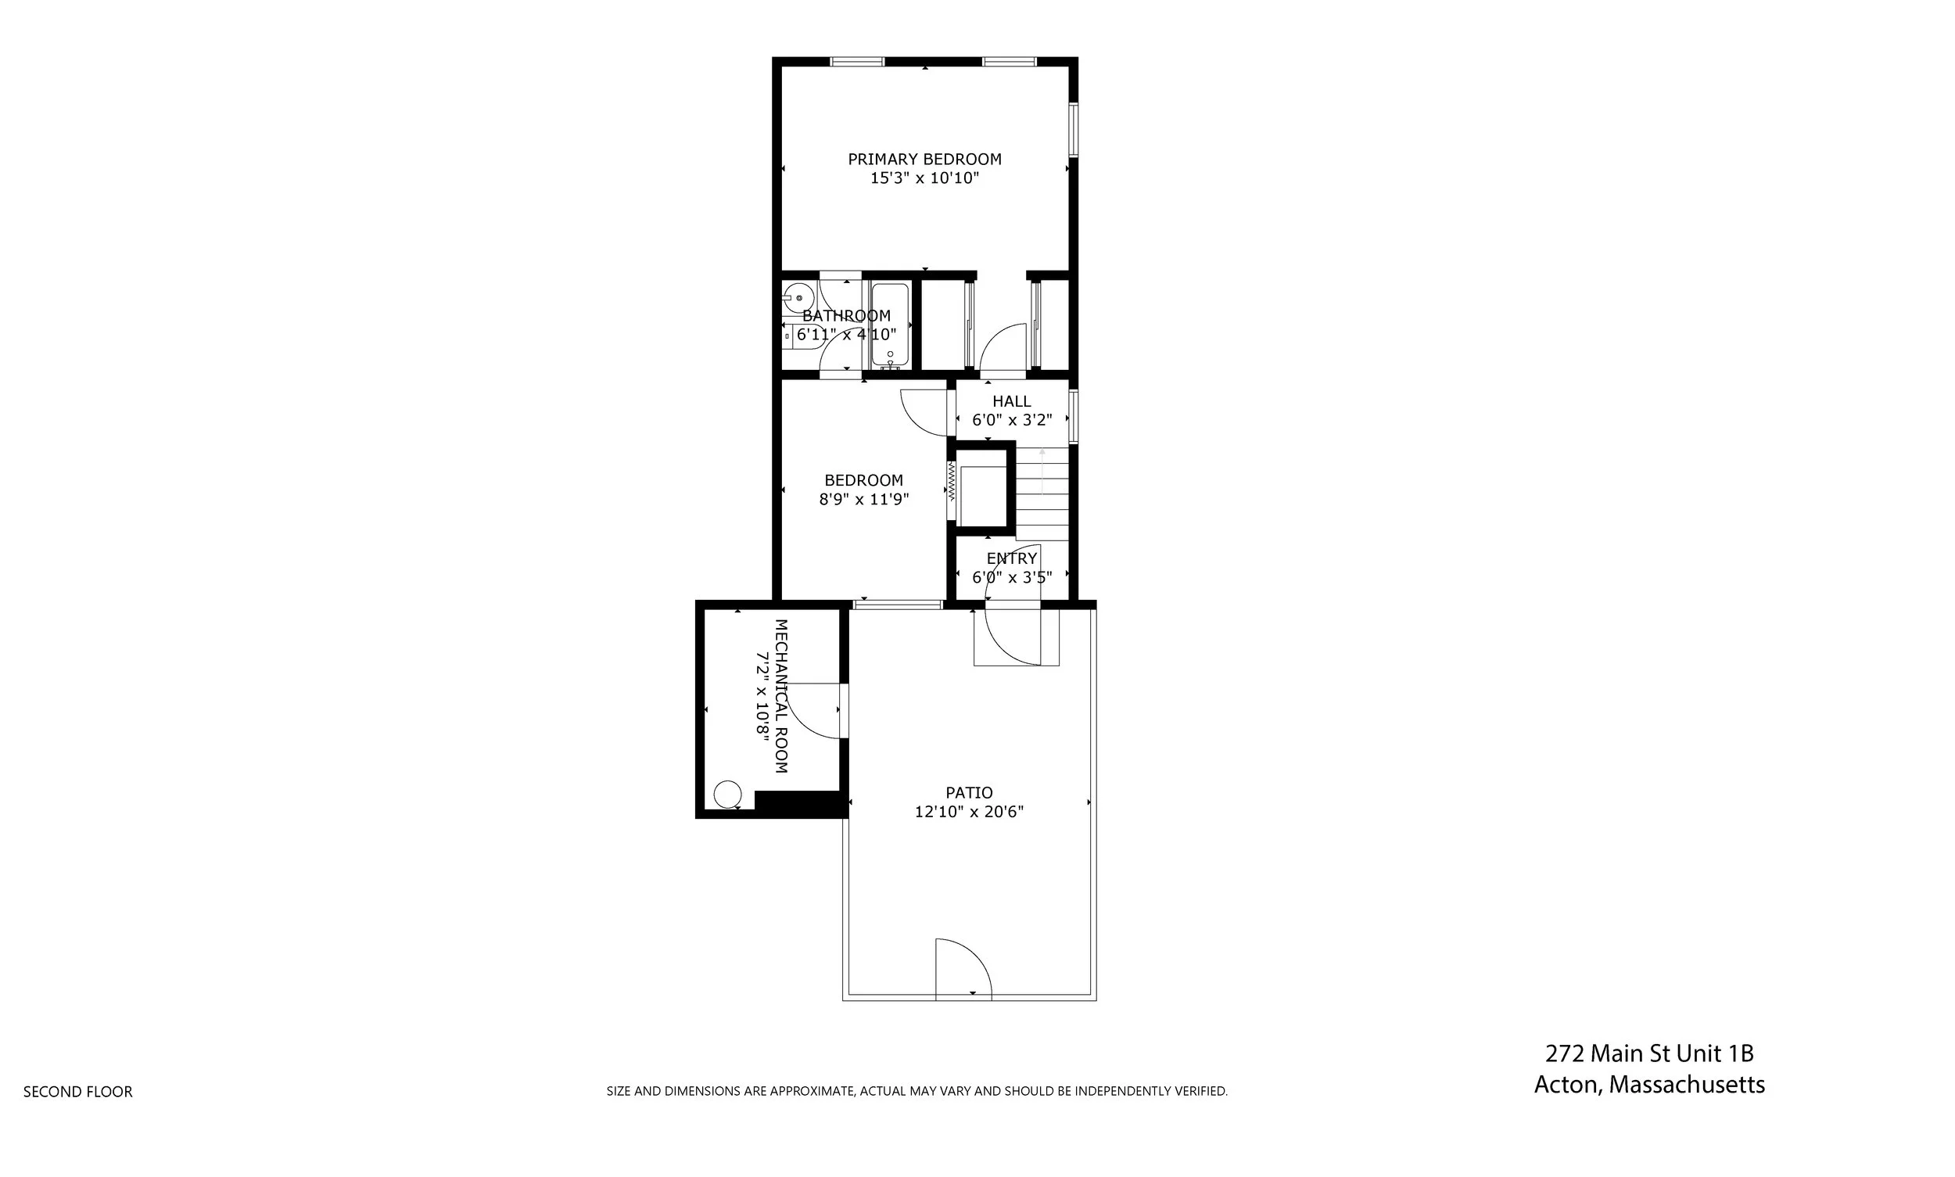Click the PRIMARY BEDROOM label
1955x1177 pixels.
pyautogui.click(x=924, y=159)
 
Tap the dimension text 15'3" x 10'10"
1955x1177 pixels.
pyautogui.click(x=924, y=178)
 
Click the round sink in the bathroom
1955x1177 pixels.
pyautogui.click(x=798, y=298)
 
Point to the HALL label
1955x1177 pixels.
pyautogui.click(x=1011, y=401)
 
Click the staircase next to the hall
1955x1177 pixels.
pyautogui.click(x=1042, y=492)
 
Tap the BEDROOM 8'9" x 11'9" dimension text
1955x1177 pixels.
pyautogui.click(x=863, y=499)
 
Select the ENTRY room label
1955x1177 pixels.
pyautogui.click(x=1011, y=558)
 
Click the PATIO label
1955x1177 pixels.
pyautogui.click(x=968, y=792)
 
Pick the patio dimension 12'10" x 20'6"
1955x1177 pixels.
pyautogui.click(x=968, y=811)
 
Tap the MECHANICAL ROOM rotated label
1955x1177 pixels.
pyautogui.click(x=780, y=695)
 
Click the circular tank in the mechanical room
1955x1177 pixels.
pyautogui.click(x=727, y=793)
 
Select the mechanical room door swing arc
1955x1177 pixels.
pyautogui.click(x=813, y=712)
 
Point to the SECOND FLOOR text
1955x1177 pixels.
pyautogui.click(x=77, y=1091)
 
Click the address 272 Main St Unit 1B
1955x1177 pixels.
pyautogui.click(x=1649, y=1053)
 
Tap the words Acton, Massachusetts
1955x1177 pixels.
pyautogui.click(x=1649, y=1084)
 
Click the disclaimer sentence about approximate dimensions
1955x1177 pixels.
pyautogui.click(x=916, y=1091)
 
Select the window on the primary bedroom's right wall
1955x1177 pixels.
pyautogui.click(x=1072, y=128)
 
